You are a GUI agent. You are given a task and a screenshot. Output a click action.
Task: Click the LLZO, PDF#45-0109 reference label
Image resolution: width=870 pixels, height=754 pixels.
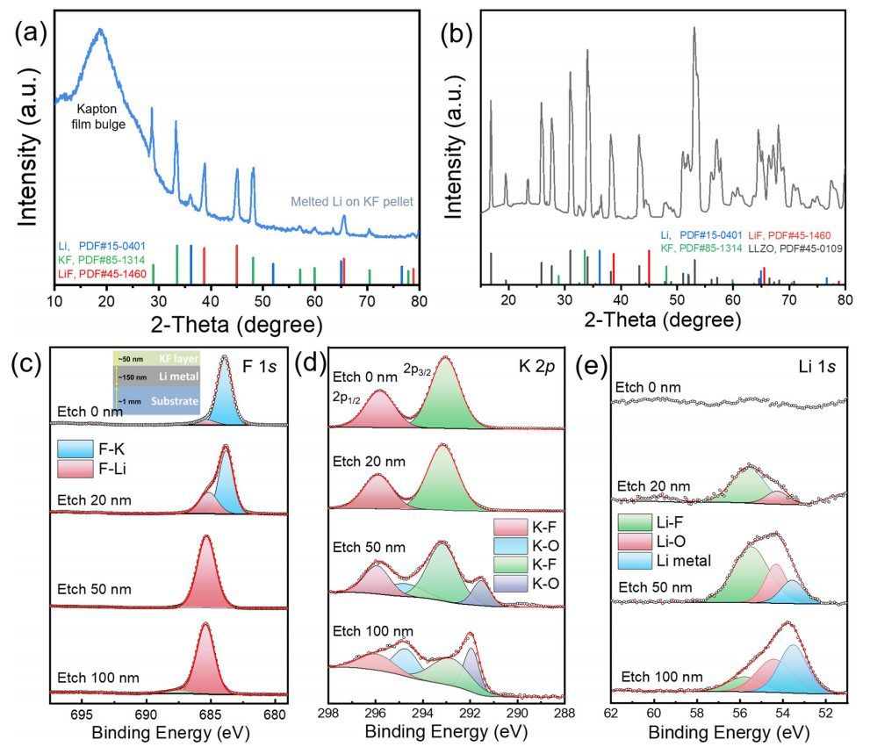[x=787, y=248]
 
